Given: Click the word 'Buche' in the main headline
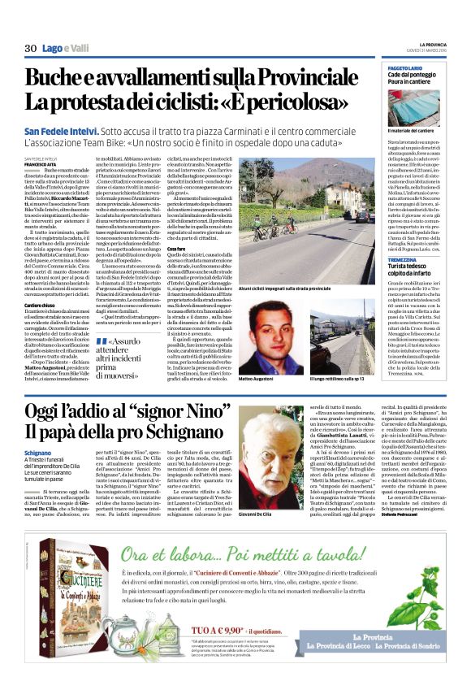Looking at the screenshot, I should [54, 79].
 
